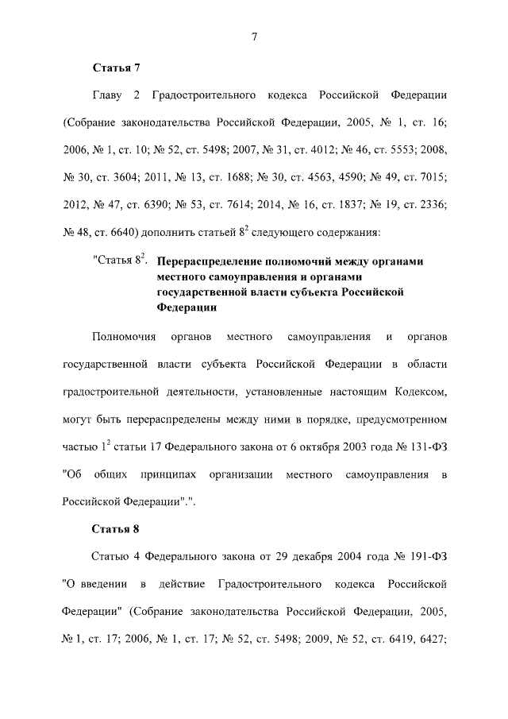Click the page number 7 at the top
tap(254, 37)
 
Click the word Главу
tap(110, 96)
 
